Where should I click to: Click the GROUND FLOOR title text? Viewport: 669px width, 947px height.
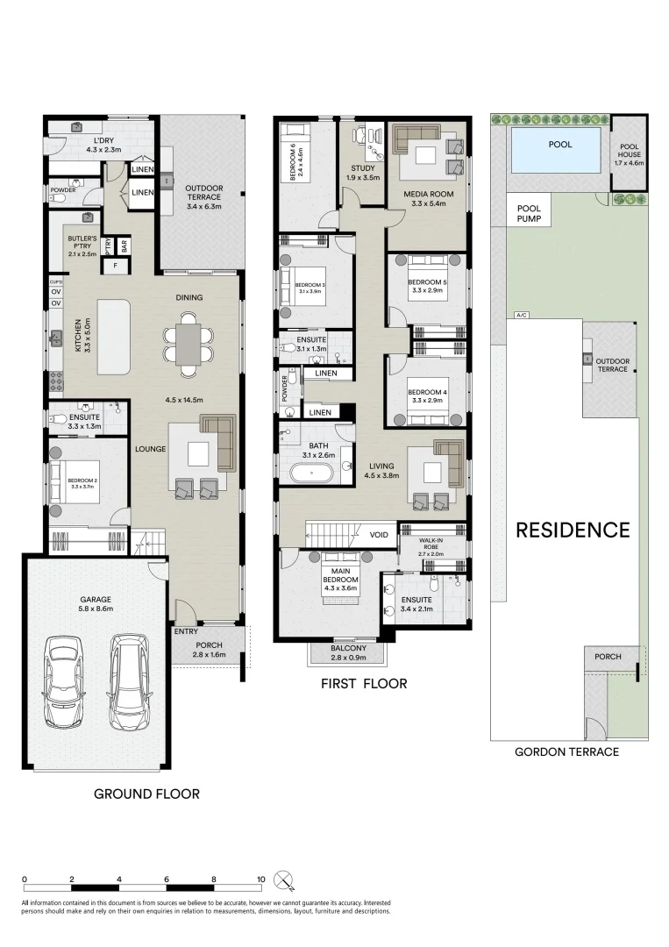(x=146, y=794)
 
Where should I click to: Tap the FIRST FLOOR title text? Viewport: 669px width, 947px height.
(x=363, y=683)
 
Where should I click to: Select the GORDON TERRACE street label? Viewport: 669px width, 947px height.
(x=566, y=751)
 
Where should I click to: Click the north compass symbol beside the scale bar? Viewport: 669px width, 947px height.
(x=282, y=879)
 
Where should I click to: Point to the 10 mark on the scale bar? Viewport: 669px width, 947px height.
(x=260, y=878)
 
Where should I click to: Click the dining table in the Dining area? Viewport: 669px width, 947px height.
(x=189, y=342)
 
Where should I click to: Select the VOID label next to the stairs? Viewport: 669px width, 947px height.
(x=380, y=533)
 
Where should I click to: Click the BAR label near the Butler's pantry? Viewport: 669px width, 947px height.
(x=125, y=246)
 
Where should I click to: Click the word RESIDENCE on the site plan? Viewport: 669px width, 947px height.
(x=572, y=530)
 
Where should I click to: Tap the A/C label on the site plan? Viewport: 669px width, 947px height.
(x=522, y=315)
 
